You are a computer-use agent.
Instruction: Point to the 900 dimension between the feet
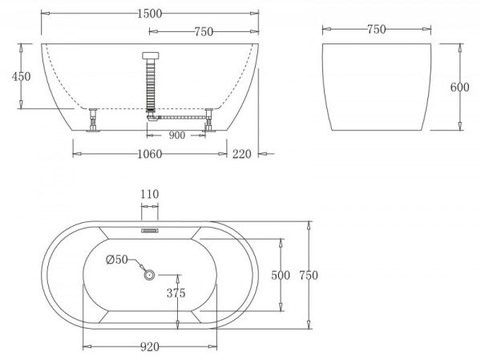(x=177, y=135)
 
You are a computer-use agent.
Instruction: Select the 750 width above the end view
(x=376, y=30)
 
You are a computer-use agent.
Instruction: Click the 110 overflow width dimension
(x=150, y=194)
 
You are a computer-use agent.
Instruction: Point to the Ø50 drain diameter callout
(x=117, y=258)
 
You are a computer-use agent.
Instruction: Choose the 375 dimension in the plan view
(x=176, y=293)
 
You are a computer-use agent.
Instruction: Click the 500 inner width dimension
(x=281, y=275)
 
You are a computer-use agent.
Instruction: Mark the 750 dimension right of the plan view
(x=309, y=275)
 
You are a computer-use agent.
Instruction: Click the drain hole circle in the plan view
(x=149, y=275)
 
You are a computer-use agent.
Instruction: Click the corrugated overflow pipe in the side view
(x=150, y=88)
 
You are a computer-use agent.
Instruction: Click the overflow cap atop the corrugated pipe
(x=150, y=56)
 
